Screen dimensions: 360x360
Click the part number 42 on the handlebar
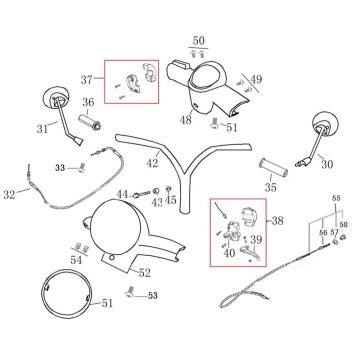(x=153, y=163)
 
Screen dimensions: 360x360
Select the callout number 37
(x=86, y=80)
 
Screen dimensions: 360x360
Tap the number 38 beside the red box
(x=277, y=221)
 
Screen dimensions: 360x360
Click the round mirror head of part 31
(x=56, y=98)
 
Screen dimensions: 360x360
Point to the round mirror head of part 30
(x=325, y=124)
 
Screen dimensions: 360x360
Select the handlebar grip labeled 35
(x=274, y=169)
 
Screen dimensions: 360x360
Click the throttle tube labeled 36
(x=90, y=122)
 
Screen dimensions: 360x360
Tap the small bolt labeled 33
(x=81, y=169)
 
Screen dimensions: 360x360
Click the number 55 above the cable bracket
(x=336, y=198)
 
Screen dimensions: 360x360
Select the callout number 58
(x=344, y=225)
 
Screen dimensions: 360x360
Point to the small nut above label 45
(x=169, y=190)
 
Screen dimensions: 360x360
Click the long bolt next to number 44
(x=141, y=194)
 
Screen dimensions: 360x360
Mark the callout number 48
(x=186, y=120)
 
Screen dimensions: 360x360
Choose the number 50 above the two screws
(x=198, y=41)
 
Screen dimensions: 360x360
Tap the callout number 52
(x=144, y=273)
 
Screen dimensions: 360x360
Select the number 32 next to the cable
(x=9, y=194)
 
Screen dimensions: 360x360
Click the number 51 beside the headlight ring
(x=107, y=303)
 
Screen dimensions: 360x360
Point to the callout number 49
(x=256, y=80)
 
